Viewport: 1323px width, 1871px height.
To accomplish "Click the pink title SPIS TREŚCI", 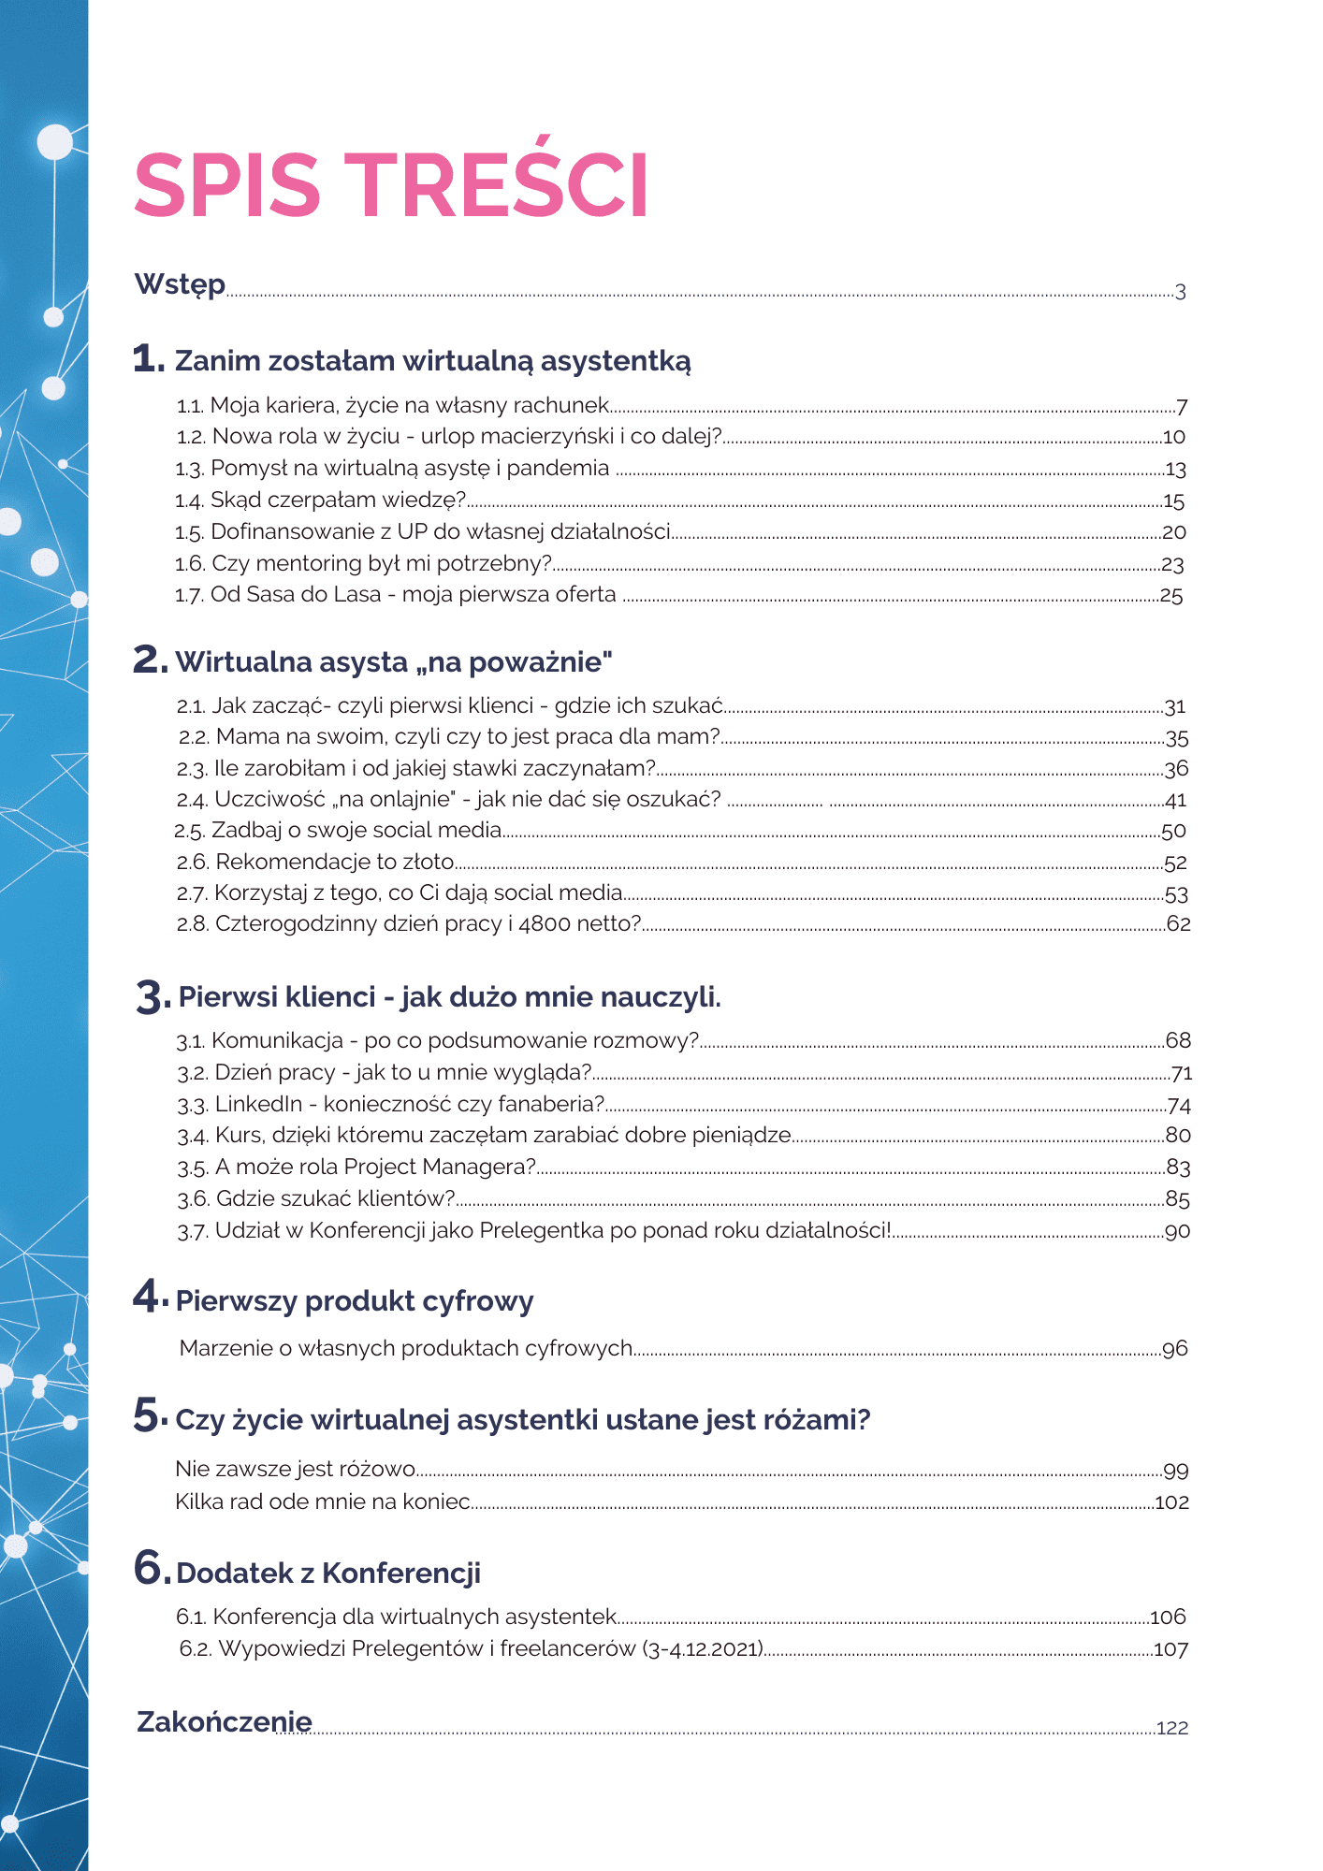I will pyautogui.click(x=391, y=185).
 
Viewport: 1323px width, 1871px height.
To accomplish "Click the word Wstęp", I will pyautogui.click(x=180, y=284).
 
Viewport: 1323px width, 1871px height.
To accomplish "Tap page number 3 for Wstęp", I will pyautogui.click(x=1180, y=292).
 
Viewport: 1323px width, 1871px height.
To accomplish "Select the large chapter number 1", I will pyautogui.click(x=148, y=359).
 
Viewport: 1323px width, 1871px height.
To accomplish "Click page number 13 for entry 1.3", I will pyautogui.click(x=1175, y=470).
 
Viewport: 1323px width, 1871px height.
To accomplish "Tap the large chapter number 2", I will pyautogui.click(x=150, y=660).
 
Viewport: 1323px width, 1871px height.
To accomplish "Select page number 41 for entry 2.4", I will pyautogui.click(x=1175, y=801).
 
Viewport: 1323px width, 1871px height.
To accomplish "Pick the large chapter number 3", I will pyautogui.click(x=152, y=996).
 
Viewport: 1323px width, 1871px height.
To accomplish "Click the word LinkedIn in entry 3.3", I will pyautogui.click(x=258, y=1105).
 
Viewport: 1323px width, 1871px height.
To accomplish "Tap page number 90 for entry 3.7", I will pyautogui.click(x=1177, y=1232).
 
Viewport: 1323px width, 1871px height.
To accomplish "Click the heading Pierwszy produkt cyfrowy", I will pyautogui.click(x=355, y=1301).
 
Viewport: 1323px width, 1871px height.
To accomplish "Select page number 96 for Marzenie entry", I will pyautogui.click(x=1174, y=1349).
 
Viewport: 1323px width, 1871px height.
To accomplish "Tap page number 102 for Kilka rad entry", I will pyautogui.click(x=1171, y=1502).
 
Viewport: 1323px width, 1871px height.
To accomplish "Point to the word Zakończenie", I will pyautogui.click(x=225, y=1721).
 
